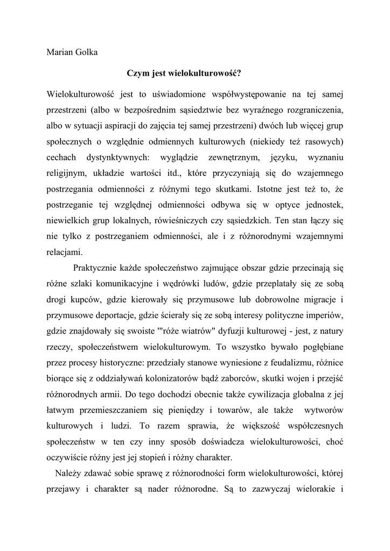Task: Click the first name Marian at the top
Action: tap(61, 52)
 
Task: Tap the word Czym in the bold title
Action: tap(136, 73)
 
